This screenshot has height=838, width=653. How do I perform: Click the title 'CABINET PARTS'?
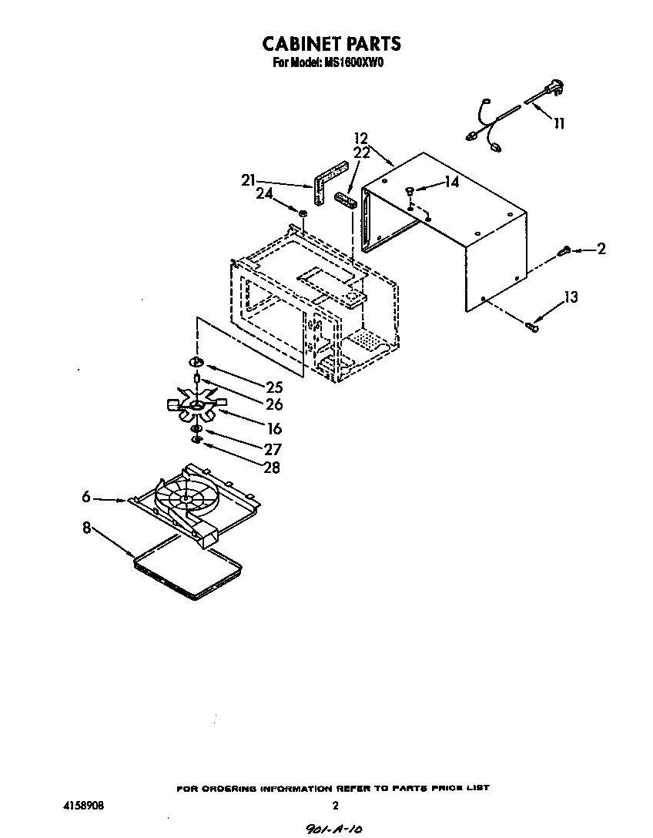click(332, 42)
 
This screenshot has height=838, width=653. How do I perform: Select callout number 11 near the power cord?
click(559, 123)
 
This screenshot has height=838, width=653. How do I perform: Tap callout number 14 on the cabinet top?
click(450, 183)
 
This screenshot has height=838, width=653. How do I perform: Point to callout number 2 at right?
click(601, 249)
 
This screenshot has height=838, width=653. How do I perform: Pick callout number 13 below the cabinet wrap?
click(570, 298)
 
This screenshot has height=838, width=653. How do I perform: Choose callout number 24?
click(264, 195)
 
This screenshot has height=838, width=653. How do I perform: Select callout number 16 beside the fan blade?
click(274, 429)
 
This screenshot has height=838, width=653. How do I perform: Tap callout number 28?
click(272, 467)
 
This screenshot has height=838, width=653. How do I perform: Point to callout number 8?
click(87, 528)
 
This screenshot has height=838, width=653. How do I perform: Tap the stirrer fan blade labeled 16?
click(196, 405)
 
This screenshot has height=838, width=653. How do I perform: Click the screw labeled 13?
click(531, 327)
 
